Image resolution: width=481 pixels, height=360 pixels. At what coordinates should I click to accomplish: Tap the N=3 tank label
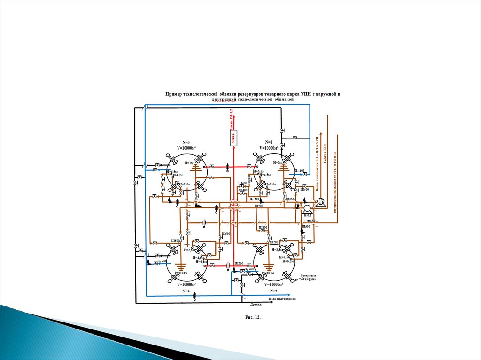(x=186, y=142)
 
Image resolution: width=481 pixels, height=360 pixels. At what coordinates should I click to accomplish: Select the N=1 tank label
(x=269, y=142)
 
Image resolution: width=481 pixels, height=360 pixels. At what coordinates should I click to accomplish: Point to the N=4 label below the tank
(x=186, y=291)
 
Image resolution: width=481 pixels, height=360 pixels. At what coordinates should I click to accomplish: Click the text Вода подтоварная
(x=282, y=299)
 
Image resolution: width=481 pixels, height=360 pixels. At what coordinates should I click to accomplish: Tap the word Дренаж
(x=256, y=304)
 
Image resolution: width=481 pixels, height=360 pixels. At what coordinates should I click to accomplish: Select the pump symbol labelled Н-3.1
(x=307, y=208)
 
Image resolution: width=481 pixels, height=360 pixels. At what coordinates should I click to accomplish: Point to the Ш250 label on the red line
(x=238, y=263)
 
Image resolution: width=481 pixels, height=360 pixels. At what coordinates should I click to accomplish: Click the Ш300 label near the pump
(x=310, y=221)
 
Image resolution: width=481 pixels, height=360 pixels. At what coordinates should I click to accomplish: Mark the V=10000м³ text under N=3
(x=186, y=147)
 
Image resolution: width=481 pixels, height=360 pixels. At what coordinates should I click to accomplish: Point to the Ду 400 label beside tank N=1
(x=299, y=170)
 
